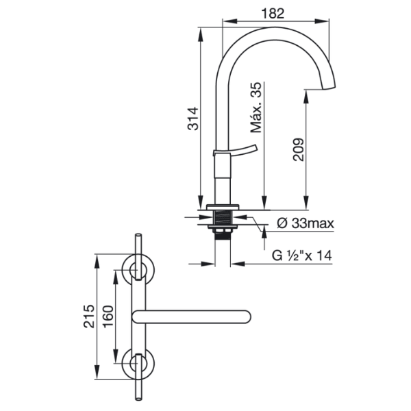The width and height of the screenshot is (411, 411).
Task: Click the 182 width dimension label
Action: click(x=273, y=14)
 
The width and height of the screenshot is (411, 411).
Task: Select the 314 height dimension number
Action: click(x=193, y=119)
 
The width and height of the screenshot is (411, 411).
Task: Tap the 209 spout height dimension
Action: click(x=299, y=149)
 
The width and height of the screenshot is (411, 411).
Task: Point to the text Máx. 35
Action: click(x=256, y=108)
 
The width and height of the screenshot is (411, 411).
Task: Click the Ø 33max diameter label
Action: click(x=306, y=223)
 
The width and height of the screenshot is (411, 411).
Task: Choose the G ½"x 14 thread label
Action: click(x=302, y=256)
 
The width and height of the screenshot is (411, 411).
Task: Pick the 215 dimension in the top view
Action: click(x=89, y=316)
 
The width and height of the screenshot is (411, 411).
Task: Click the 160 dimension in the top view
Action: click(x=108, y=316)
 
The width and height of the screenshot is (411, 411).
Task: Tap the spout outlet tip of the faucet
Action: click(x=328, y=88)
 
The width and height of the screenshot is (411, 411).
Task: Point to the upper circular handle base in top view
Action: click(x=138, y=269)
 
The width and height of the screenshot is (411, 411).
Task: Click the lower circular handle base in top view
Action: click(x=138, y=364)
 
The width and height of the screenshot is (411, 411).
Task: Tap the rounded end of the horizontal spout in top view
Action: click(x=248, y=316)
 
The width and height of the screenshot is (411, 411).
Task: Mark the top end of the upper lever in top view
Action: click(x=138, y=234)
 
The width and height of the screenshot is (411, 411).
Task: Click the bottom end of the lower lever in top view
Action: click(x=138, y=399)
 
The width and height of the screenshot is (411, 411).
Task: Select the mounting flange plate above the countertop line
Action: click(x=223, y=207)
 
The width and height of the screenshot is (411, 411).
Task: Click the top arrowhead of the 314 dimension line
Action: click(x=201, y=34)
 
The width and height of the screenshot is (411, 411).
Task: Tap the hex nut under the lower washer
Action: click(x=223, y=230)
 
